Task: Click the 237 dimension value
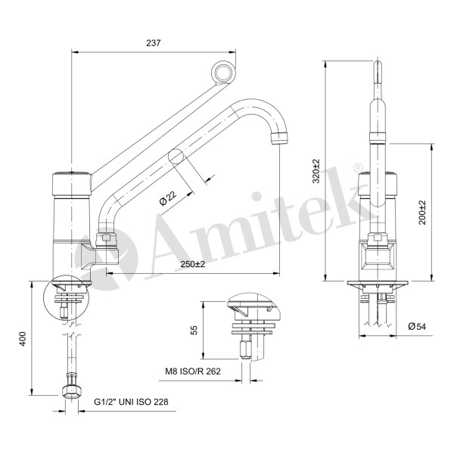coord(154,43)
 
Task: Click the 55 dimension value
coord(194,330)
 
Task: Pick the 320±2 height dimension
coord(317,172)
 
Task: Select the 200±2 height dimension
coord(421,213)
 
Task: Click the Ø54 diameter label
coord(416,326)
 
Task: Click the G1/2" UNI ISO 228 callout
coord(131,402)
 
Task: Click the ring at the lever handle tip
coord(224,73)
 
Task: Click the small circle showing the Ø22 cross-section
coord(177,156)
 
